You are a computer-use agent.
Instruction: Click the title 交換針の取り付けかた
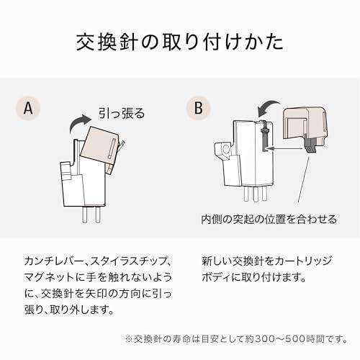(180, 42)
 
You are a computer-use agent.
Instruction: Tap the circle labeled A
(28, 109)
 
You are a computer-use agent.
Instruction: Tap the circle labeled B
(198, 109)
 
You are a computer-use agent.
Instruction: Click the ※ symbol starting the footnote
(129, 338)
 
